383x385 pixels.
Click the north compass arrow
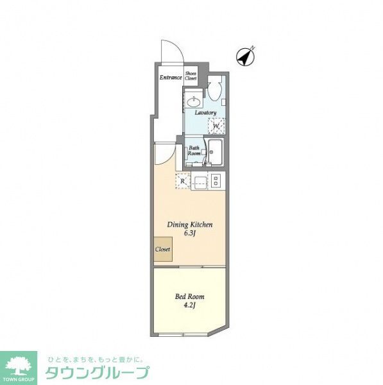tap(244, 56)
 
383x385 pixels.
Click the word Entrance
tap(171, 78)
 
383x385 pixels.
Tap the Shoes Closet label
tap(191, 76)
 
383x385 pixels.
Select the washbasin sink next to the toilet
tap(193, 102)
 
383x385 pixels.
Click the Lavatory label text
tap(206, 113)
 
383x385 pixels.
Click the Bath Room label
tap(194, 151)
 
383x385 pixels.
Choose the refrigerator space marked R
tap(183, 181)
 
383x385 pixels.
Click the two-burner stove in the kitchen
tap(216, 182)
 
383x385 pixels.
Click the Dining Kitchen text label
tap(190, 225)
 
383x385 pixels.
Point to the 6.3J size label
tap(190, 234)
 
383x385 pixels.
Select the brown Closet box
tap(162, 249)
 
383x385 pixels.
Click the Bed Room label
tap(190, 296)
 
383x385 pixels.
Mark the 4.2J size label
tap(190, 305)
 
